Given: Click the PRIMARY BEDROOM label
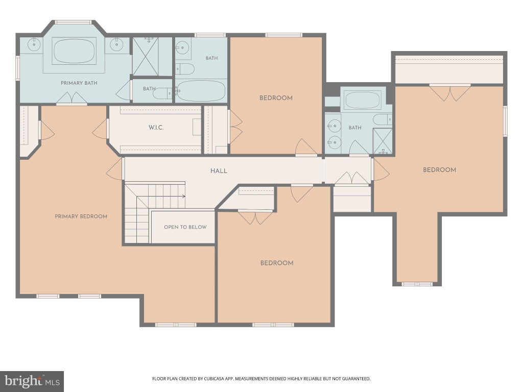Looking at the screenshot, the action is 81,216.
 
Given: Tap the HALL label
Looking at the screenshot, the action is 219,171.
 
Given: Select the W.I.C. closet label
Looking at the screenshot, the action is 156,127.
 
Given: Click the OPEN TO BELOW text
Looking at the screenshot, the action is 185,227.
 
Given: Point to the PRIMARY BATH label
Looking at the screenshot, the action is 79,83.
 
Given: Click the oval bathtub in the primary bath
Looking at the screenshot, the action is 74,51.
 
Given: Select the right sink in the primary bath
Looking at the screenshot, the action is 116,44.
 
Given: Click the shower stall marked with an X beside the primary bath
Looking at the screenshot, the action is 146,56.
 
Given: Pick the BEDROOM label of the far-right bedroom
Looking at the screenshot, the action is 439,170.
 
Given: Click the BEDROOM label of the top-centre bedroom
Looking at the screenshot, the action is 276,98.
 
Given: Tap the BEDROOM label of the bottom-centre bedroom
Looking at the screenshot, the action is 277,263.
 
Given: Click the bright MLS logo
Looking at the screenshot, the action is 32,381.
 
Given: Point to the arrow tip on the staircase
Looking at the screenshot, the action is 185,196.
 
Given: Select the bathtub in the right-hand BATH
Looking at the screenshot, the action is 362,100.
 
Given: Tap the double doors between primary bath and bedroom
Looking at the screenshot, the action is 72,97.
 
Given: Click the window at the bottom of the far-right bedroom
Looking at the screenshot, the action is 417,284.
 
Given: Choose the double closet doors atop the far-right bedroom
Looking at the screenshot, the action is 450,93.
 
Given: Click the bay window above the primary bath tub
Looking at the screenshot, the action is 73,22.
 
